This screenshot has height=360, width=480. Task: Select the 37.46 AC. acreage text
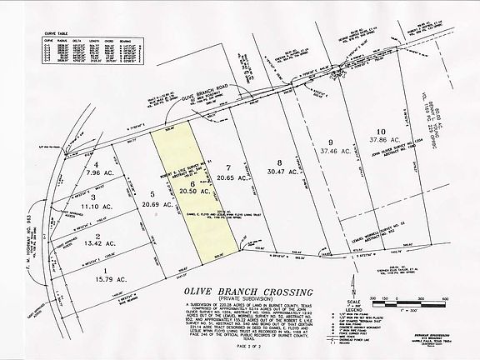coord(332,152)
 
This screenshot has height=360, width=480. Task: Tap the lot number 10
coord(381,132)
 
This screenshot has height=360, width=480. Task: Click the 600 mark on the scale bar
coord(446,295)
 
